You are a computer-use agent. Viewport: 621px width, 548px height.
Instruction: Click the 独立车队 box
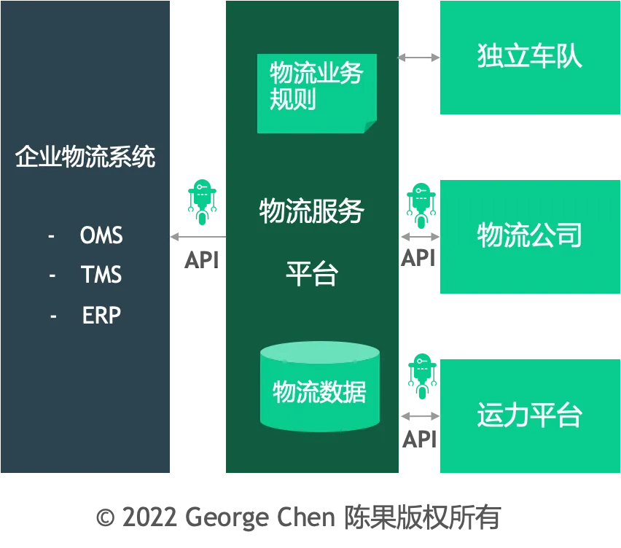click(x=529, y=57)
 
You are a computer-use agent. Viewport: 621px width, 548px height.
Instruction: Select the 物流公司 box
click(x=529, y=235)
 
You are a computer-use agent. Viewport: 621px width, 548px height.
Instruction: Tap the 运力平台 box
click(x=529, y=415)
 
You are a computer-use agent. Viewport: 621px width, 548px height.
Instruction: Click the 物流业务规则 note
click(x=316, y=93)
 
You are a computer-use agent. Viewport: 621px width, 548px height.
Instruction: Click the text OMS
click(x=101, y=235)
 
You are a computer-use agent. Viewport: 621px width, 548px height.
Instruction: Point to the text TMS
click(x=101, y=275)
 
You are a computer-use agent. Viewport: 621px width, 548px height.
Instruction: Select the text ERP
click(x=101, y=315)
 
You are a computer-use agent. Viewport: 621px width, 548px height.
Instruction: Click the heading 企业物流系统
click(x=85, y=157)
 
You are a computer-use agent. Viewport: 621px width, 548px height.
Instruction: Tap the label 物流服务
click(x=311, y=211)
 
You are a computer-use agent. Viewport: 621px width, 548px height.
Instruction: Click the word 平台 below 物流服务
click(x=311, y=275)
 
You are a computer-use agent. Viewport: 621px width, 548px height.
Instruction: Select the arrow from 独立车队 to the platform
click(x=418, y=58)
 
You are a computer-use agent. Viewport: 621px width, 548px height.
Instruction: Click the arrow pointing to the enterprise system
click(x=197, y=236)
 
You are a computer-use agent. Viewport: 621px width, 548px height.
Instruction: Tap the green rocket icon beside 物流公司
click(x=420, y=203)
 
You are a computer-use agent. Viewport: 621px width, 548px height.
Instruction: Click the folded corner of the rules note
click(x=370, y=127)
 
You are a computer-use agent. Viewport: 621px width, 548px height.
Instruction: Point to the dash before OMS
click(x=51, y=236)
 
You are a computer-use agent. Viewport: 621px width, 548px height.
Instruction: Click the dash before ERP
click(x=53, y=316)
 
